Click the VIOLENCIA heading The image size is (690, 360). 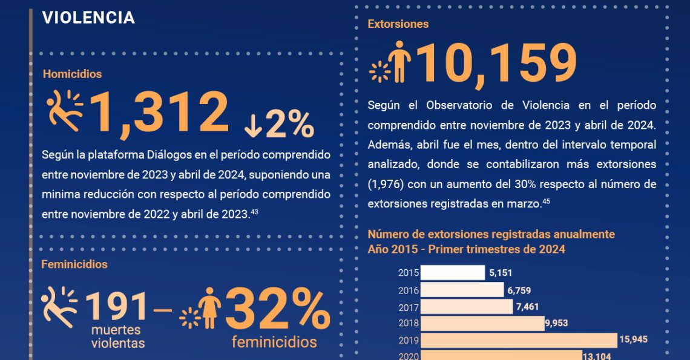[x=88, y=18]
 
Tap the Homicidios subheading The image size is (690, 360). [x=72, y=74]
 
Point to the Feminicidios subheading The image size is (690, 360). [x=74, y=264]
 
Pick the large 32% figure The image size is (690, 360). [x=278, y=310]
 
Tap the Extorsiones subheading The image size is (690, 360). [x=398, y=24]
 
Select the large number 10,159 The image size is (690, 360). [x=495, y=63]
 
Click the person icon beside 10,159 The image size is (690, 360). [x=399, y=62]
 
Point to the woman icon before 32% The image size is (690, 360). [x=209, y=308]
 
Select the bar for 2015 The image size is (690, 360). [x=453, y=273]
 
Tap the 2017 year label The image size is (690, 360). [x=409, y=307]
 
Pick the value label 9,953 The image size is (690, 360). [x=557, y=323]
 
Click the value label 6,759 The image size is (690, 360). [x=519, y=290]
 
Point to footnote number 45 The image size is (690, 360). [x=545, y=201]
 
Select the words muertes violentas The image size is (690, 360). [x=118, y=337]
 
